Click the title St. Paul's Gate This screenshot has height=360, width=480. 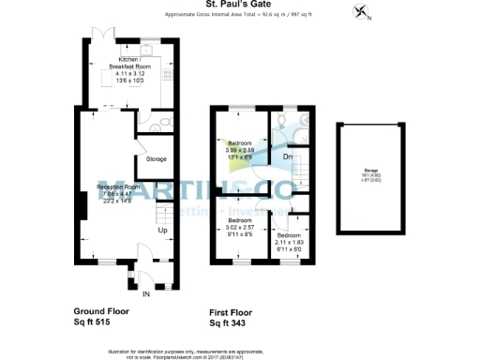pos(239,5)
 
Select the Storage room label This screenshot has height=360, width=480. pos(156,159)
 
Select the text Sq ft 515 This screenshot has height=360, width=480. pos(96,322)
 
